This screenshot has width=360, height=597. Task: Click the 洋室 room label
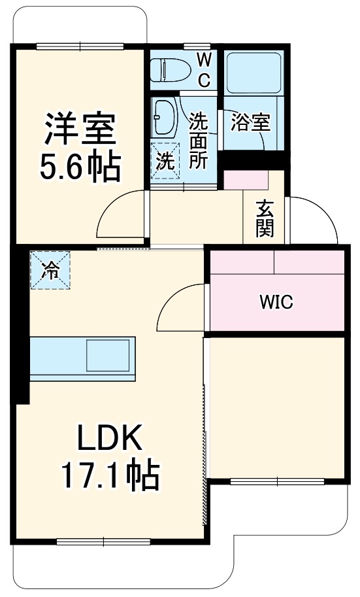tap(79, 129)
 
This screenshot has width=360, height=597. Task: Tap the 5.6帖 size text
tap(79, 167)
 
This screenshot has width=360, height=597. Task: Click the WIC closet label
tap(276, 303)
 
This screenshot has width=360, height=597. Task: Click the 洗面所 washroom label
tap(199, 140)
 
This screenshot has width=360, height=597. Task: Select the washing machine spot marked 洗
tap(165, 160)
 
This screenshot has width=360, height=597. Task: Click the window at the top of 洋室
tap(79, 46)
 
